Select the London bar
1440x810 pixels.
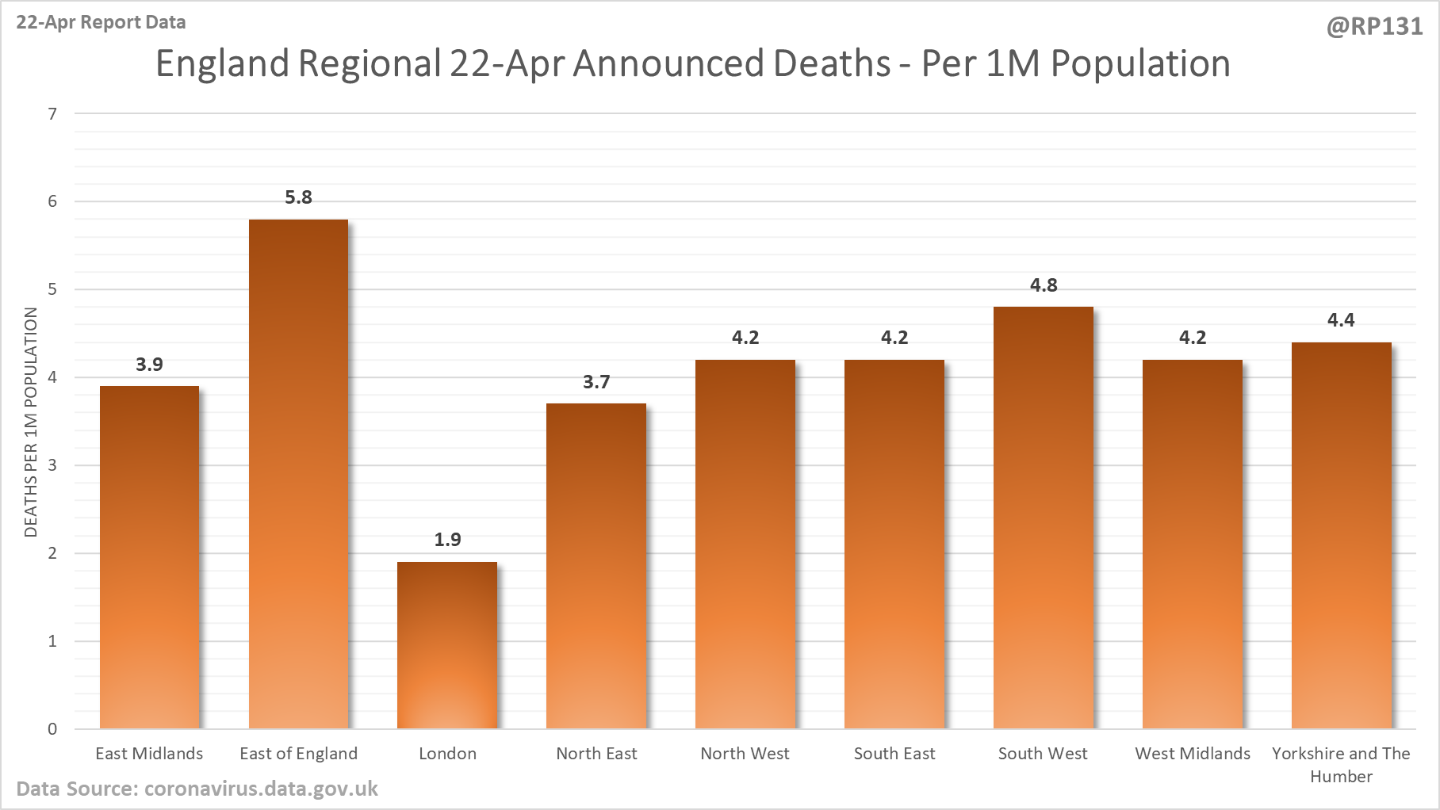pyautogui.click(x=447, y=645)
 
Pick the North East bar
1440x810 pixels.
pyautogui.click(x=596, y=566)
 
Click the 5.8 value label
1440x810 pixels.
pyautogui.click(x=298, y=197)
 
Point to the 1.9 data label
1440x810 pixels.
pyautogui.click(x=447, y=540)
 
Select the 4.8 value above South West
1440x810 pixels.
pyautogui.click(x=1044, y=285)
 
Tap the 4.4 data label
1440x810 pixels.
pyautogui.click(x=1341, y=320)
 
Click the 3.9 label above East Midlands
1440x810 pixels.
pyautogui.click(x=149, y=365)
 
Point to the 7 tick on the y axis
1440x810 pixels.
pyautogui.click(x=52, y=114)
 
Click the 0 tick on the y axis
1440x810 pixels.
pyautogui.click(x=52, y=729)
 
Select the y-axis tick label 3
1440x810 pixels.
pyautogui.click(x=52, y=465)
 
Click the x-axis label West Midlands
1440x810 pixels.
pyautogui.click(x=1192, y=754)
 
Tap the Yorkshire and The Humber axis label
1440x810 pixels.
pyautogui.click(x=1341, y=765)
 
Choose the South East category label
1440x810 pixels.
pyautogui.click(x=894, y=754)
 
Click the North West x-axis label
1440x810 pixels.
pyautogui.click(x=745, y=754)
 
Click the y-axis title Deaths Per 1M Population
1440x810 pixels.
pyautogui.click(x=31, y=422)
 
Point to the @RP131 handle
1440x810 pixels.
pyautogui.click(x=1374, y=27)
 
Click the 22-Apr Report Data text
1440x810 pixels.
pyautogui.click(x=101, y=22)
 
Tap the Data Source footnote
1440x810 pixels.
pyautogui.click(x=197, y=789)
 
